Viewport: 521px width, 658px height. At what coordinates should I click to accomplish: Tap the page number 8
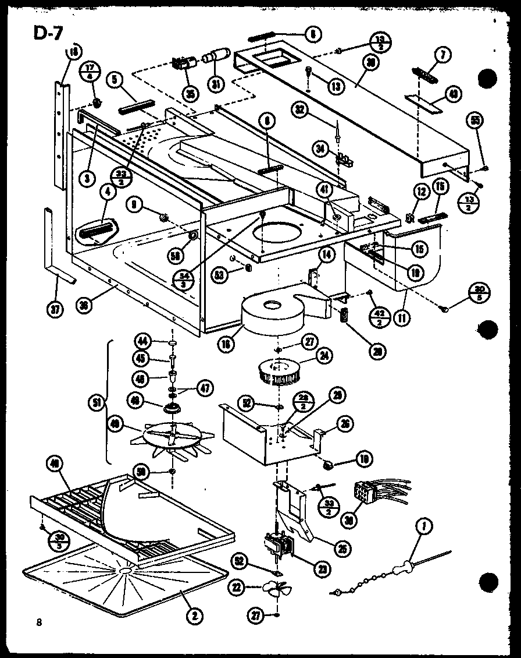39,622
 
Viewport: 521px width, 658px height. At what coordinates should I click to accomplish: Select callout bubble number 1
420,529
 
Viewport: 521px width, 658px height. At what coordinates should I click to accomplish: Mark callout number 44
142,340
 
